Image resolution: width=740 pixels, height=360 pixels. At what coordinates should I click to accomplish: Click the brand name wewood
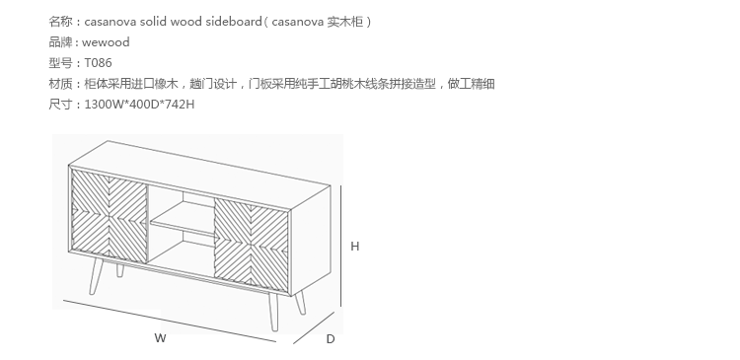(106, 42)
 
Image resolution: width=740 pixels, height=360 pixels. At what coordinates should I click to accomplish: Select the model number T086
(98, 63)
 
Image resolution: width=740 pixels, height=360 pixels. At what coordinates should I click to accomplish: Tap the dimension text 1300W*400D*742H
(139, 105)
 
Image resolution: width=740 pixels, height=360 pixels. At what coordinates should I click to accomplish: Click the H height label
(355, 247)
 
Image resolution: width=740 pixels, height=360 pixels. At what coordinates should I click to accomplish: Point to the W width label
(160, 338)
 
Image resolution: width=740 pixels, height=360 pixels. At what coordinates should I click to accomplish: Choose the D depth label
(331, 339)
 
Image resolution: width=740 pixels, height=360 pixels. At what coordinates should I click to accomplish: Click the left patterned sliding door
(109, 216)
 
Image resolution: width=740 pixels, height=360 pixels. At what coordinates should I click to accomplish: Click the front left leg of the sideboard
(97, 276)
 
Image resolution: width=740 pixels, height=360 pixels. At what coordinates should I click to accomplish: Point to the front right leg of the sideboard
(273, 312)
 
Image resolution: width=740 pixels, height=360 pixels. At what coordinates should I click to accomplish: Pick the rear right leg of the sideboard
(300, 303)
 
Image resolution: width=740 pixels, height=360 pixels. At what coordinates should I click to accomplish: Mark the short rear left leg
(119, 270)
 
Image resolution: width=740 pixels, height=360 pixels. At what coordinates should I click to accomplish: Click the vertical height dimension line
(340, 246)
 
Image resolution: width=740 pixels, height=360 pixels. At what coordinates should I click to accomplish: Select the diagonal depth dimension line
(314, 327)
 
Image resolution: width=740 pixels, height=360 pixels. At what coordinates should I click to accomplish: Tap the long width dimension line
(170, 321)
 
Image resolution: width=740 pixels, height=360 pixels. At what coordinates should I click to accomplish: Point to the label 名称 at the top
(60, 22)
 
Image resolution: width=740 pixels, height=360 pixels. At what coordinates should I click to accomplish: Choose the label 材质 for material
(60, 84)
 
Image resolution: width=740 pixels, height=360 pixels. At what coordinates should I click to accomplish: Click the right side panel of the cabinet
(311, 241)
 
